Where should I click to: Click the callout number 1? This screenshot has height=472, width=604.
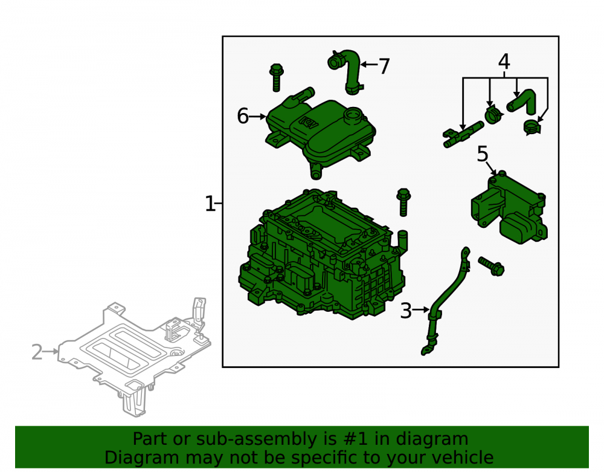(x=210, y=204)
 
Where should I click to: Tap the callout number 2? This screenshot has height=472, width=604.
(x=37, y=352)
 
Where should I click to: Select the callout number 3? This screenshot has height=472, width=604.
(x=406, y=311)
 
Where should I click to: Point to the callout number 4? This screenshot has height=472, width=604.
(x=504, y=62)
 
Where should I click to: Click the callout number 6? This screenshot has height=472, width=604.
(x=243, y=116)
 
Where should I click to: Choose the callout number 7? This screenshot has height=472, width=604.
(x=384, y=66)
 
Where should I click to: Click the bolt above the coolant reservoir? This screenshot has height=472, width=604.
(x=277, y=77)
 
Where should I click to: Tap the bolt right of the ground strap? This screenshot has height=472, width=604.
(x=492, y=266)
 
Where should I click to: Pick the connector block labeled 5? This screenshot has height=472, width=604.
(x=509, y=207)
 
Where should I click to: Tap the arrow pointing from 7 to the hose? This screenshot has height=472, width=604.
(x=369, y=64)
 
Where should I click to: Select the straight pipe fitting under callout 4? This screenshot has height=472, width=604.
(x=463, y=134)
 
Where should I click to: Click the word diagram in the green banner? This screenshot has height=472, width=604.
(x=432, y=439)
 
